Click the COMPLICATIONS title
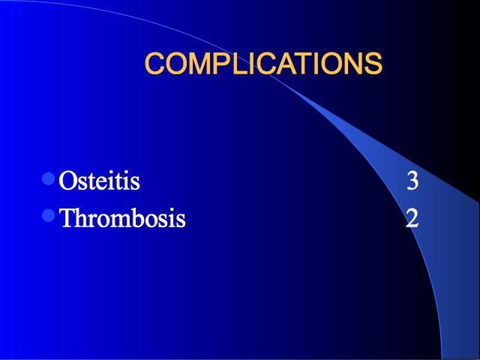263,63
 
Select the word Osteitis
99,180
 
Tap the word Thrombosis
122,217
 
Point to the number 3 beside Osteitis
412,181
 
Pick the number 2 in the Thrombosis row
412,217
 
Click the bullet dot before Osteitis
48,178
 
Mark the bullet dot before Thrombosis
48,215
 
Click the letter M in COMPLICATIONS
201,63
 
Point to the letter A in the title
287,63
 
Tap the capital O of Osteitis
67,181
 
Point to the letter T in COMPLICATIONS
304,63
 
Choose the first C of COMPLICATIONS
155,63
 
